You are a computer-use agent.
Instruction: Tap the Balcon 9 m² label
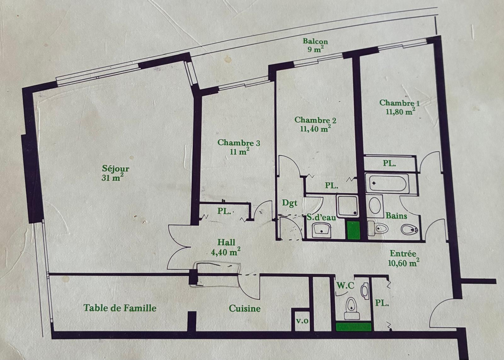(315, 45)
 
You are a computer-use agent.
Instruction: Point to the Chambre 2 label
(315, 124)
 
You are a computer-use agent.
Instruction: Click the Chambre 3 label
(239, 147)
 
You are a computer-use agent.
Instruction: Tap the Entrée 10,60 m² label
(404, 258)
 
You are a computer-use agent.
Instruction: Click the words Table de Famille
(120, 308)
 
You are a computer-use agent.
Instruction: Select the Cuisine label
(244, 308)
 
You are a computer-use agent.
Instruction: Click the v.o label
(302, 321)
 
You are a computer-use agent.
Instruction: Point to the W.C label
(345, 286)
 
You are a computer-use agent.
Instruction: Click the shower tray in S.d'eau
(347, 206)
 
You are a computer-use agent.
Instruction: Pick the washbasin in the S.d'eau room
(322, 230)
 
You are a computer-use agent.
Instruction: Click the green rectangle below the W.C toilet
(353, 327)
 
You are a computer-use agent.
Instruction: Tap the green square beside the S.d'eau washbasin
(354, 230)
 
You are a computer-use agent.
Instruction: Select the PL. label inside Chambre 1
(389, 163)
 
